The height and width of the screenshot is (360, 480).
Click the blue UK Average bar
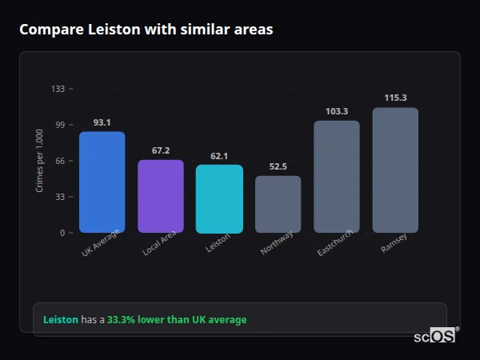102,182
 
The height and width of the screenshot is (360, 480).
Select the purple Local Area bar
161,196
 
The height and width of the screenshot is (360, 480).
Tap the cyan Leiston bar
219,198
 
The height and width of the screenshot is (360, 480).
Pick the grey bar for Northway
278,204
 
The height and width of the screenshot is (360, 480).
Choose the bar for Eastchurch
336,177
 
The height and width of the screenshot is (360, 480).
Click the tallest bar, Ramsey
395,170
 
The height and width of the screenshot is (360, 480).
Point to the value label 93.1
102,122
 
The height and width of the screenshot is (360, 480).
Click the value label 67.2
161,150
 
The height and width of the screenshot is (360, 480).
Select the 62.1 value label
219,156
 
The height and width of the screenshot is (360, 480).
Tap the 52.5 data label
278,166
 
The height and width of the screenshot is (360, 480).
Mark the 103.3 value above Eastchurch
336,111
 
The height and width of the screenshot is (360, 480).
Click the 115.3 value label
395,98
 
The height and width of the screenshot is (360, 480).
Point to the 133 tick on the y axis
58,89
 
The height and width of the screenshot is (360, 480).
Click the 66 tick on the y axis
59,161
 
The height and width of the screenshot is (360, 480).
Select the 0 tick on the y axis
62,233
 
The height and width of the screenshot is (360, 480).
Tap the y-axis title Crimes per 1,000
40,161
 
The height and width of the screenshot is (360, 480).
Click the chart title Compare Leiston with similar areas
146,30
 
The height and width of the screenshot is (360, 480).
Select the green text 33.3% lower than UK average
177,320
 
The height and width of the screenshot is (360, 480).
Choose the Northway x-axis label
278,242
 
